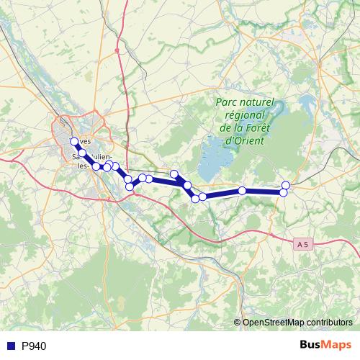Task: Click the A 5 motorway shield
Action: (x=304, y=245)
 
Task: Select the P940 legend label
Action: (x=34, y=346)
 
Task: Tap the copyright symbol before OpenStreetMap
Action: (x=238, y=322)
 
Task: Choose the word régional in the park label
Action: (x=245, y=115)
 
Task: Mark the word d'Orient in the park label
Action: (x=244, y=140)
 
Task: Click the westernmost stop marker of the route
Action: (x=74, y=141)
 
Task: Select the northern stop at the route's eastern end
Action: (x=286, y=185)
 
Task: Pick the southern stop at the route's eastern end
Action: (x=284, y=192)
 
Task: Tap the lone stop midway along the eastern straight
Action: (x=243, y=190)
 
